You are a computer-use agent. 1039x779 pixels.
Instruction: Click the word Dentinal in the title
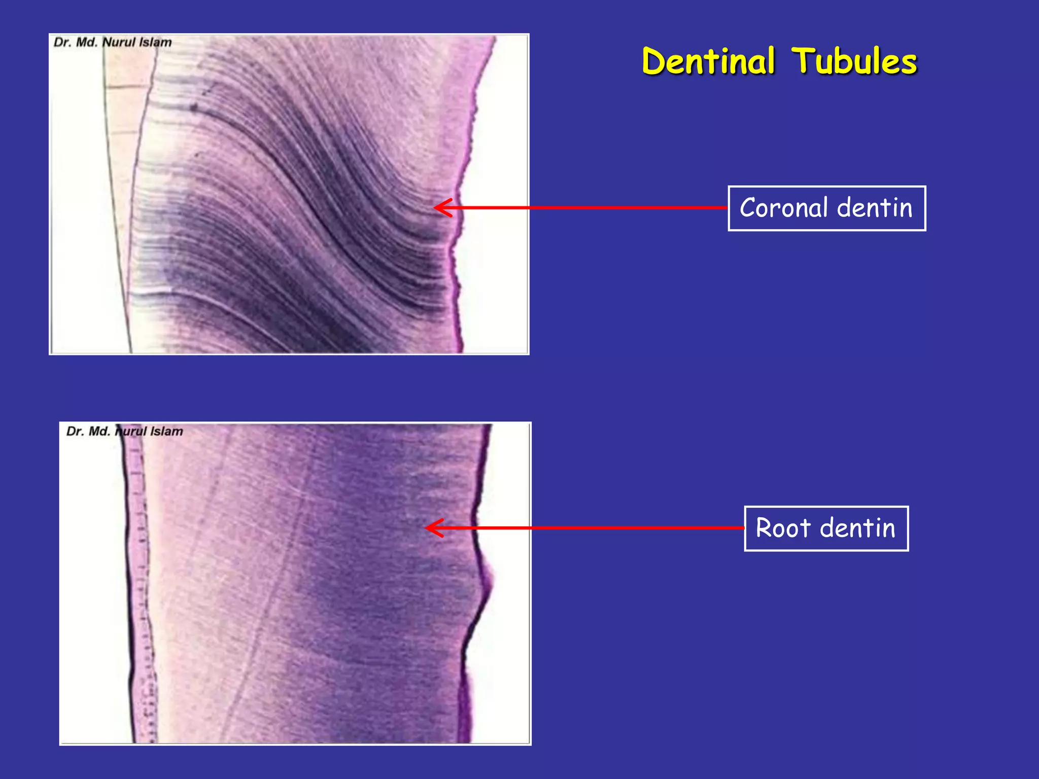coord(708,61)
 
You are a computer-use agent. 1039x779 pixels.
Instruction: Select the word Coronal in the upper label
coord(783,208)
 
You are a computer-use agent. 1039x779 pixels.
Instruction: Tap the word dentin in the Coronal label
coord(875,208)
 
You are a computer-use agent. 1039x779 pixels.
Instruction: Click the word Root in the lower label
coord(783,528)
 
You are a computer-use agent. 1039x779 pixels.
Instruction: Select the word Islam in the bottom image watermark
coord(166,431)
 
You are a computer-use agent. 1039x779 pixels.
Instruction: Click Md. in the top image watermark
coord(86,42)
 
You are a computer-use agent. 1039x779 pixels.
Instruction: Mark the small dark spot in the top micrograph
coord(194,107)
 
